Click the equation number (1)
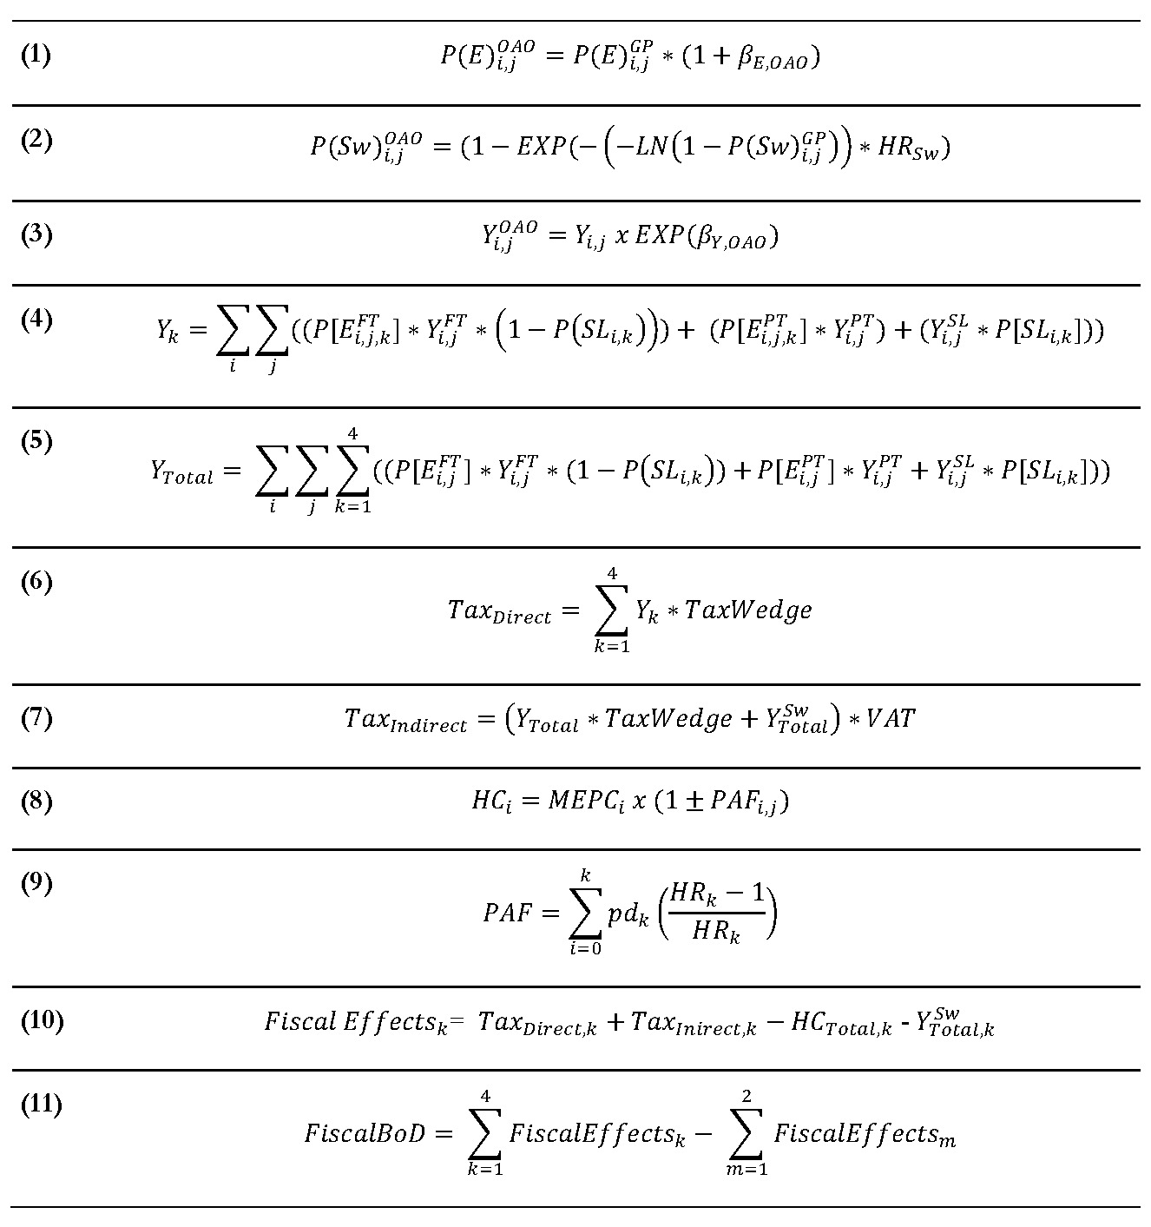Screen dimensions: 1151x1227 point(36,56)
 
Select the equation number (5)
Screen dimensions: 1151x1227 point(36,441)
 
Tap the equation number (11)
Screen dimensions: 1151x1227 point(41,1105)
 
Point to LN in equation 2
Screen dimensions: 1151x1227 point(651,147)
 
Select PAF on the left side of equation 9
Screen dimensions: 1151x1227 point(507,913)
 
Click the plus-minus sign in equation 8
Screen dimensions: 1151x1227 point(691,801)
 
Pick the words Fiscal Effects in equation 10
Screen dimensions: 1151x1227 point(355,1022)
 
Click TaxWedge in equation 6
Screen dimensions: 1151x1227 point(748,610)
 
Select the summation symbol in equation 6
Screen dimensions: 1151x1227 point(612,610)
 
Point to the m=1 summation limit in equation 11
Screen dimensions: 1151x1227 point(748,1169)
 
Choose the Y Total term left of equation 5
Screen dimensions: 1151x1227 point(181,473)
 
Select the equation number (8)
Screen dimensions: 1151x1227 point(36,801)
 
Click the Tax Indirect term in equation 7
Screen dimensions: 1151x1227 point(405,720)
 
